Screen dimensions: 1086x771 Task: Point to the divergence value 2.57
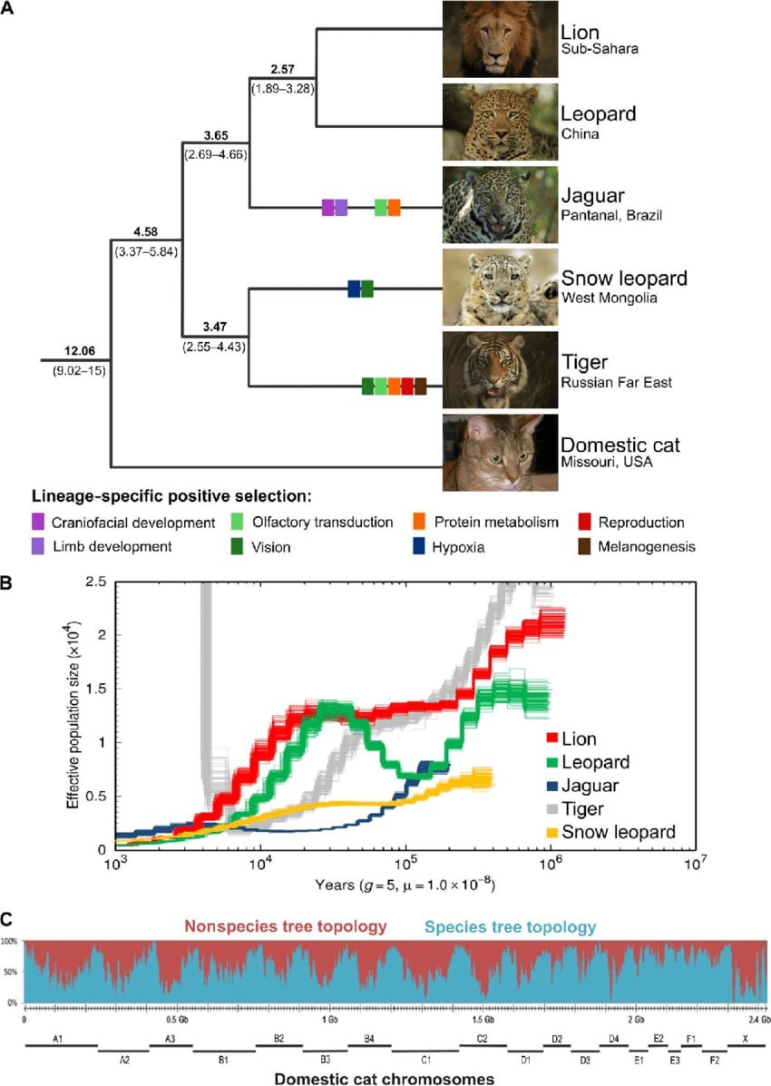[x=285, y=70]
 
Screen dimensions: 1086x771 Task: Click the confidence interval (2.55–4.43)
[x=216, y=346]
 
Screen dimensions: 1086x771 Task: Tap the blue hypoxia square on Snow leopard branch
[x=354, y=289]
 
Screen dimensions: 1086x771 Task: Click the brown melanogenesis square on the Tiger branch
[x=420, y=386]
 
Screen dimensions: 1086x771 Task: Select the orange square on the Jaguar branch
[x=394, y=207]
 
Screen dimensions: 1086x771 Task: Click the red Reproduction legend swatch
[x=585, y=522]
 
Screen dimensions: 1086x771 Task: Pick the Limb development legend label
[x=112, y=546]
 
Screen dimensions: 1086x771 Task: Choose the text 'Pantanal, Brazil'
[x=612, y=216]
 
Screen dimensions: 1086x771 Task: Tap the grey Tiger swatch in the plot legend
[x=551, y=807]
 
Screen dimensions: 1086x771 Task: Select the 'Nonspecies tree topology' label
[x=286, y=927]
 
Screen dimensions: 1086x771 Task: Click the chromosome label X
[x=745, y=1038]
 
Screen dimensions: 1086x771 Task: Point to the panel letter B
[x=7, y=585]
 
